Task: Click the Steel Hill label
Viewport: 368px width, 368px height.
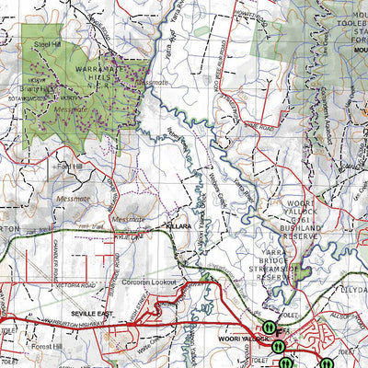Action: point(47,43)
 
